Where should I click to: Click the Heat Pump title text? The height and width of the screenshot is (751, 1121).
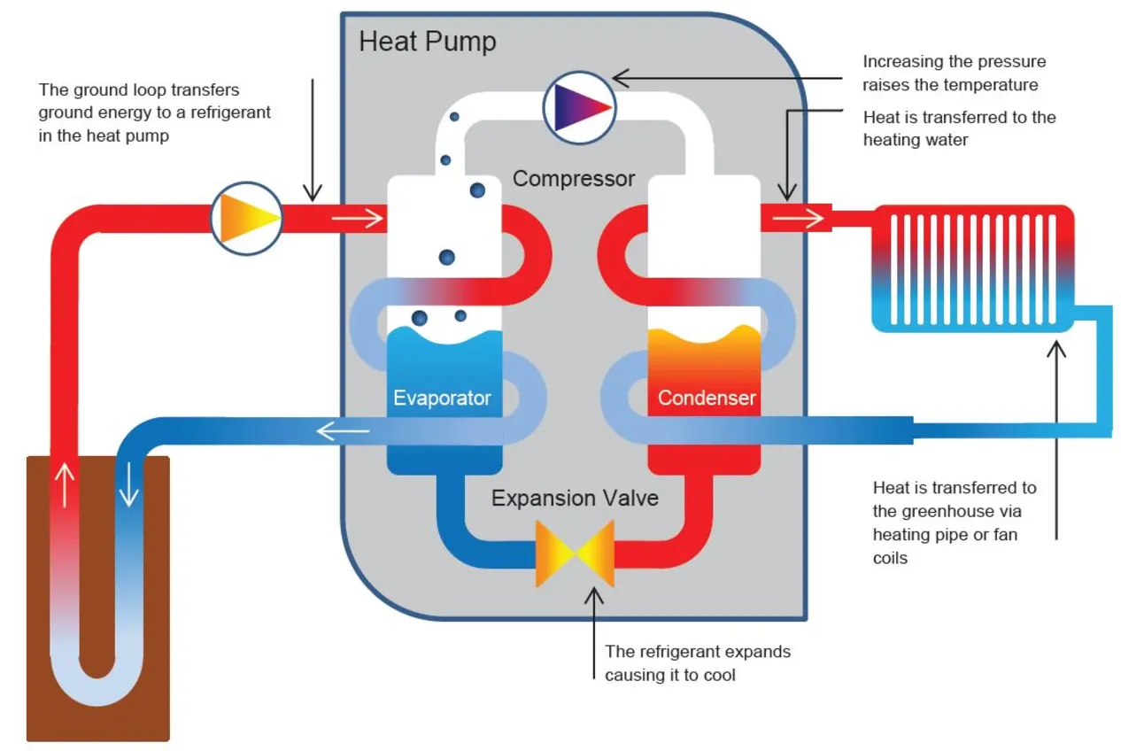tap(427, 42)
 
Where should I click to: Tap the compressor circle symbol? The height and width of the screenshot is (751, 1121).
tap(578, 106)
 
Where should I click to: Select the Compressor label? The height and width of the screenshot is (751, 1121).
tap(574, 179)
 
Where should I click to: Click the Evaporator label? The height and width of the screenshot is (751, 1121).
tap(442, 398)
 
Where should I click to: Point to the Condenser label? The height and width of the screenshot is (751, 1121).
tap(707, 398)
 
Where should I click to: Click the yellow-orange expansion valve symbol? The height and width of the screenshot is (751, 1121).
tap(575, 554)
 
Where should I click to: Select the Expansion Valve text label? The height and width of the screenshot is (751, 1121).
tap(575, 498)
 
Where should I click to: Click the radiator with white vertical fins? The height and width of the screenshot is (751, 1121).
tap(973, 268)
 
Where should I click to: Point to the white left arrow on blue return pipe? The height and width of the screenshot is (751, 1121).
tap(343, 431)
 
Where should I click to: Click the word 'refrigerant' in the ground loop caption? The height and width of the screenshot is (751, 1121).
tap(229, 112)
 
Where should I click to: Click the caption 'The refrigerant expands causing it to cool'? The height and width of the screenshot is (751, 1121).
tap(697, 662)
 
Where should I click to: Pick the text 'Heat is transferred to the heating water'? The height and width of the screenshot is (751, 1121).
tap(959, 128)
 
